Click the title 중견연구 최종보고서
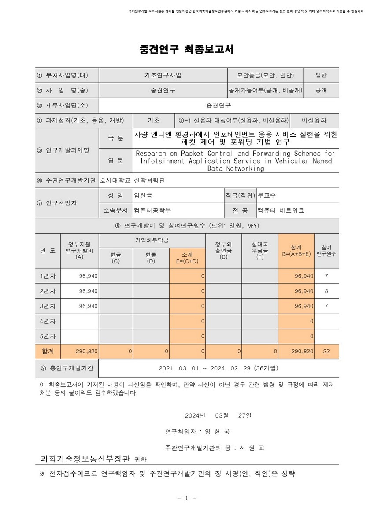[x=187, y=49]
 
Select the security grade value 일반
[x=321, y=75]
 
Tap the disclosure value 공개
[x=321, y=90]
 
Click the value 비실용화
[x=314, y=120]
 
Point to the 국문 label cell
[x=116, y=138]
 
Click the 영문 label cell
[x=116, y=161]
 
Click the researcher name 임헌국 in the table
[x=143, y=195]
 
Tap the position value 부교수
[x=267, y=195]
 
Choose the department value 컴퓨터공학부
[x=152, y=210]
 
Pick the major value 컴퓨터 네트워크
[x=281, y=210]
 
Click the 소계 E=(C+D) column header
[x=187, y=257]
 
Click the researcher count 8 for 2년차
[x=326, y=291]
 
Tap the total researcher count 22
[x=326, y=352]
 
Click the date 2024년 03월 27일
[x=218, y=415]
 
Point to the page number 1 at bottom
[x=187, y=498]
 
